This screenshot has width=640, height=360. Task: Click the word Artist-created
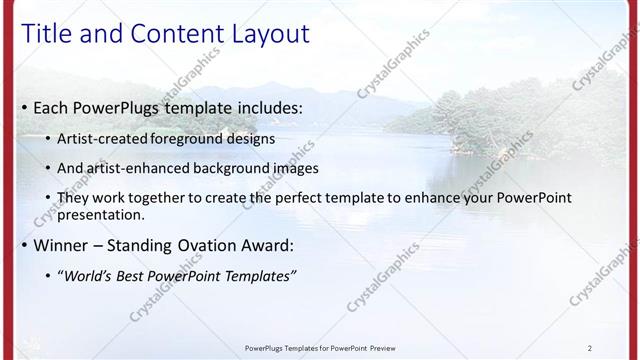coord(103,139)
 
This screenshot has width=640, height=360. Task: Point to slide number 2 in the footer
coord(590,348)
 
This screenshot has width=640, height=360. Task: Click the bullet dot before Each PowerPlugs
coord(24,108)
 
